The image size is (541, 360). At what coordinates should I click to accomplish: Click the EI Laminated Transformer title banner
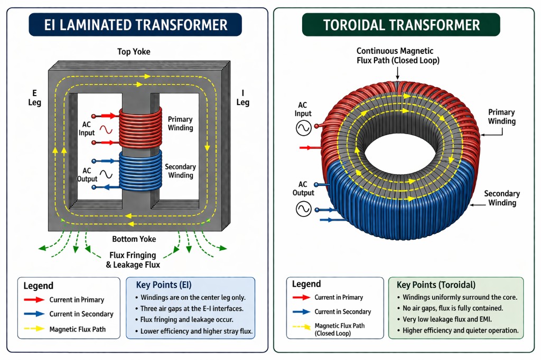coord(135,24)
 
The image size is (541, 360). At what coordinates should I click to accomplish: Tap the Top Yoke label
coord(134,52)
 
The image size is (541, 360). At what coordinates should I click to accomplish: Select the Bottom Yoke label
coord(134,239)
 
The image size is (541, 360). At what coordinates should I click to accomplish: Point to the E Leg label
coord(34,97)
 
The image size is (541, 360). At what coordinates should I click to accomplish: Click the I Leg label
coord(242,97)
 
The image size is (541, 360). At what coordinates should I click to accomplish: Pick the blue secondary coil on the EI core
coord(138,169)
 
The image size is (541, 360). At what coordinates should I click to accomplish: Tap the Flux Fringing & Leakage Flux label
coord(133,260)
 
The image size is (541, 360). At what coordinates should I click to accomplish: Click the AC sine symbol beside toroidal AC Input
coord(304,128)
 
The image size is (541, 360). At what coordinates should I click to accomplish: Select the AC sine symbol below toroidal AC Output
coord(303,210)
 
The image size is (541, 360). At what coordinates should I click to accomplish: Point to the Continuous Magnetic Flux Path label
coord(395,55)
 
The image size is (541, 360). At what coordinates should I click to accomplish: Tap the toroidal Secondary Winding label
coord(502,198)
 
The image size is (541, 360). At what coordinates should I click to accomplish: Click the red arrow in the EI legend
coord(33,300)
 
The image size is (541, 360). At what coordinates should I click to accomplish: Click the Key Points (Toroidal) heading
coord(436,285)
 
